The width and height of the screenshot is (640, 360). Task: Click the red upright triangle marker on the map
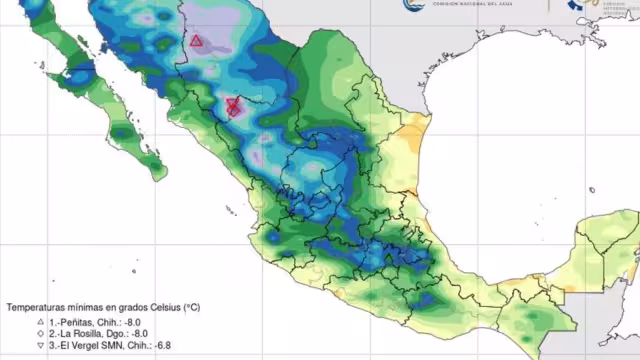[x=197, y=41]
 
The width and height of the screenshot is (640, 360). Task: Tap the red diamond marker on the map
[x=233, y=104]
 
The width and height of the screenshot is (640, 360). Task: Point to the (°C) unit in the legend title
[x=191, y=307]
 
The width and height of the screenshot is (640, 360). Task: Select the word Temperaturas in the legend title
[x=37, y=307]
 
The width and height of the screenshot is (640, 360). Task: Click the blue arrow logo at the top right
[x=577, y=4]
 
